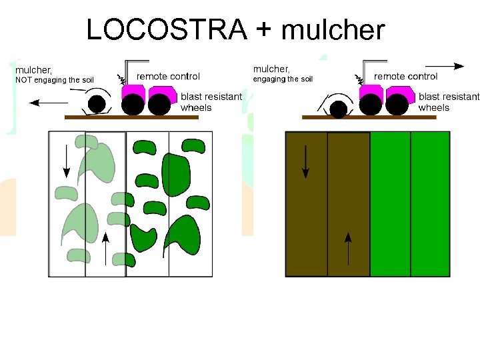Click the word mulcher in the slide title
333,30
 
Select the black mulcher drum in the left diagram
97,103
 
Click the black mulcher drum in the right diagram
339,107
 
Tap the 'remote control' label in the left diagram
168,76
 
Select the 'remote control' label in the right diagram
405,76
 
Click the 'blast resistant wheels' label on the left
211,102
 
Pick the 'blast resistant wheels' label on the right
448,102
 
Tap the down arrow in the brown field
305,162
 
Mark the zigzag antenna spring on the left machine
123,77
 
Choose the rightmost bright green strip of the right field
430,204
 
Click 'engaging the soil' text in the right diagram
283,79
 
